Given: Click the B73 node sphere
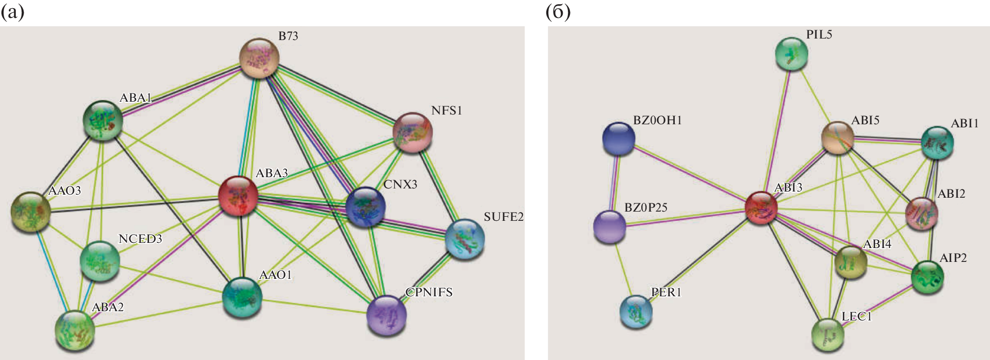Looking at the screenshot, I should (x=260, y=58).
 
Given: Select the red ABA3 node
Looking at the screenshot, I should (x=238, y=196).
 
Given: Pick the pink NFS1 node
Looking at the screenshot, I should (x=412, y=132).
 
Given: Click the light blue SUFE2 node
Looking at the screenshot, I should (x=464, y=239).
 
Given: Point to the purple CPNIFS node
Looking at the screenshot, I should (x=387, y=315).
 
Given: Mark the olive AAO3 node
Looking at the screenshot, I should (x=30, y=212).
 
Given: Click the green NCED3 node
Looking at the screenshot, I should (x=100, y=260).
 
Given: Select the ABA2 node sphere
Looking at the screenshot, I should (x=75, y=330).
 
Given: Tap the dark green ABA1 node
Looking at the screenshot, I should (x=103, y=120).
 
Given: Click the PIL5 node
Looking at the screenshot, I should (x=791, y=54).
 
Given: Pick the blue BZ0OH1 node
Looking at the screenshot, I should (x=618, y=138).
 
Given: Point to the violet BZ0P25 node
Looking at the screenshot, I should (x=610, y=226).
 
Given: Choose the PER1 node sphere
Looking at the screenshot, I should (x=636, y=311).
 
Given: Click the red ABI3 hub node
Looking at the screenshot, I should (x=761, y=207).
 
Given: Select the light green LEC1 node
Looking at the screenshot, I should (x=828, y=334).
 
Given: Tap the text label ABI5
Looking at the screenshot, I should (x=865, y=120).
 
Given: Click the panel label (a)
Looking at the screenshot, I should (x=12, y=12).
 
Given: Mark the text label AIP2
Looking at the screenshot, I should (x=953, y=257).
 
